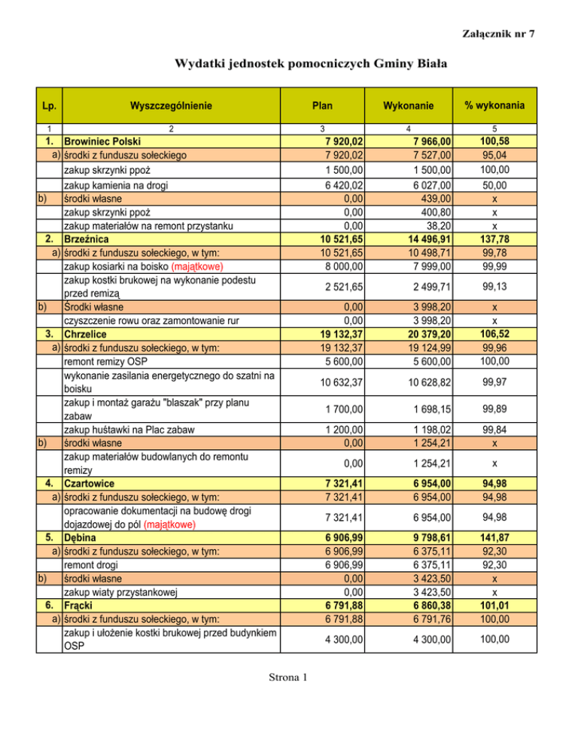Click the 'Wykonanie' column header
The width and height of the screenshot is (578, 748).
(x=408, y=105)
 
